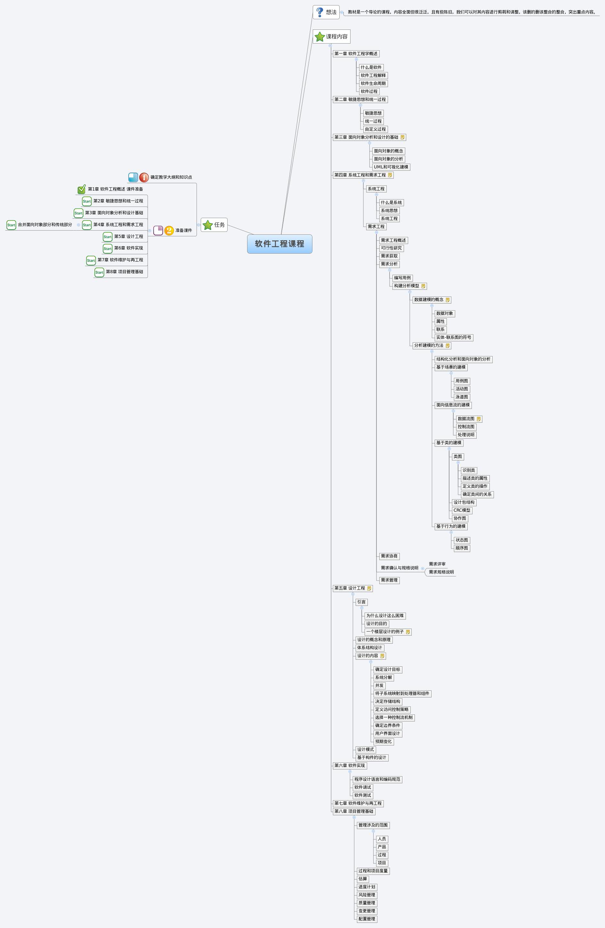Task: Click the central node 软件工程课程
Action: coord(279,244)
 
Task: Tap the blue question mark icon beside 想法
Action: coord(320,12)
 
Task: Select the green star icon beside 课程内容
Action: coord(320,37)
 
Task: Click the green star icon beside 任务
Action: coord(208,225)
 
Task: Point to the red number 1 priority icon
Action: coord(144,177)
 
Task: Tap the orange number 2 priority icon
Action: coord(169,231)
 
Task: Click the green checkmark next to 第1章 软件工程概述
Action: coord(82,190)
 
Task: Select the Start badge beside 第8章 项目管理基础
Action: coord(99,272)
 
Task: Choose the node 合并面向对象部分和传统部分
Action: coord(45,224)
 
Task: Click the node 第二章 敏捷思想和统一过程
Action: coord(360,99)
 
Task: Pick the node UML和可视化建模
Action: coord(391,167)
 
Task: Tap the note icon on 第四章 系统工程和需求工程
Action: coord(390,175)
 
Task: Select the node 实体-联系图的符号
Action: coord(453,337)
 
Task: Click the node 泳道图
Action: coord(462,397)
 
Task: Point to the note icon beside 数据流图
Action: coord(479,419)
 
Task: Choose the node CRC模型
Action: coord(462,510)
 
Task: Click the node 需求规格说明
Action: coord(441,572)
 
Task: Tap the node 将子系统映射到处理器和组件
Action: coord(402,693)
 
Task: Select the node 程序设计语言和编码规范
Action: coord(377,779)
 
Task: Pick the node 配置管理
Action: coord(367,919)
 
